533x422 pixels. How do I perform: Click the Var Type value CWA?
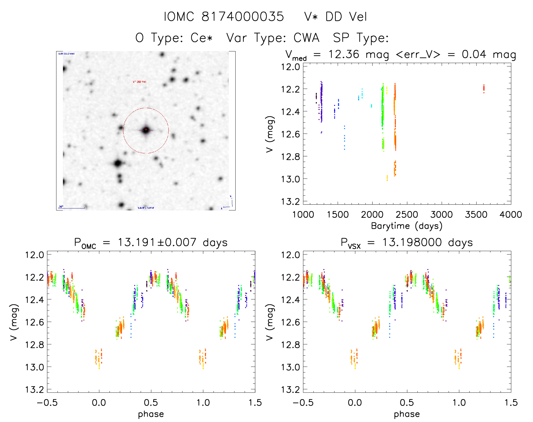point(306,38)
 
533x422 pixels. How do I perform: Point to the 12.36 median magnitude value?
point(344,54)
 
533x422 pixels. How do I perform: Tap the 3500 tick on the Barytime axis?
point(476,215)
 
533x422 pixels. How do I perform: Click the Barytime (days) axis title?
point(407,226)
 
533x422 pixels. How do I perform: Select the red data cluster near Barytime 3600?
point(484,88)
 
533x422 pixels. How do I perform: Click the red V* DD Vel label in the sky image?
point(139,82)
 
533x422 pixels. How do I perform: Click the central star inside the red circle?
point(146,130)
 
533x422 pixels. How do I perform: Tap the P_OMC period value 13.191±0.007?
point(157,242)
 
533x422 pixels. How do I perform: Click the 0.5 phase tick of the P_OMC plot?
point(151,403)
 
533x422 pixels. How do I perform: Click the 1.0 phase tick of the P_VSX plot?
point(459,403)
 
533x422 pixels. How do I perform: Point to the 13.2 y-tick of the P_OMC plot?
point(34,390)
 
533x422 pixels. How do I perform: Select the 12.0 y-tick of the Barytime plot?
point(290,67)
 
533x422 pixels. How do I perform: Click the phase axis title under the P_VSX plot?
point(407,414)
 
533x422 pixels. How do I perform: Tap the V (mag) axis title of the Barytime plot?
point(270,134)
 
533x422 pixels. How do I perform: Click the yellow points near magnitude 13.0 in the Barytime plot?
point(387,178)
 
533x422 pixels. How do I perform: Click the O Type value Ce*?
point(201,38)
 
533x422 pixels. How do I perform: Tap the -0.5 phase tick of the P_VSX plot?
point(303,403)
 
